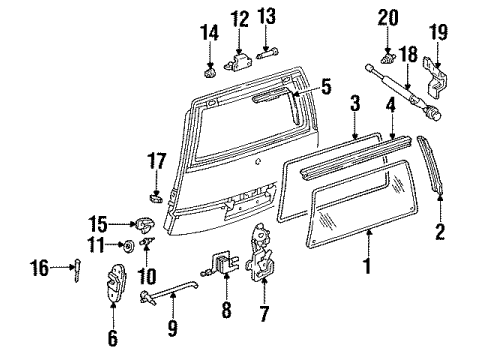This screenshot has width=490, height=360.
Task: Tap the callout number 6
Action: coord(112,339)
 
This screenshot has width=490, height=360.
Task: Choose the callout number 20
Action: coord(386,16)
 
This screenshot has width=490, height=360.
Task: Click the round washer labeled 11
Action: coord(131,245)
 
